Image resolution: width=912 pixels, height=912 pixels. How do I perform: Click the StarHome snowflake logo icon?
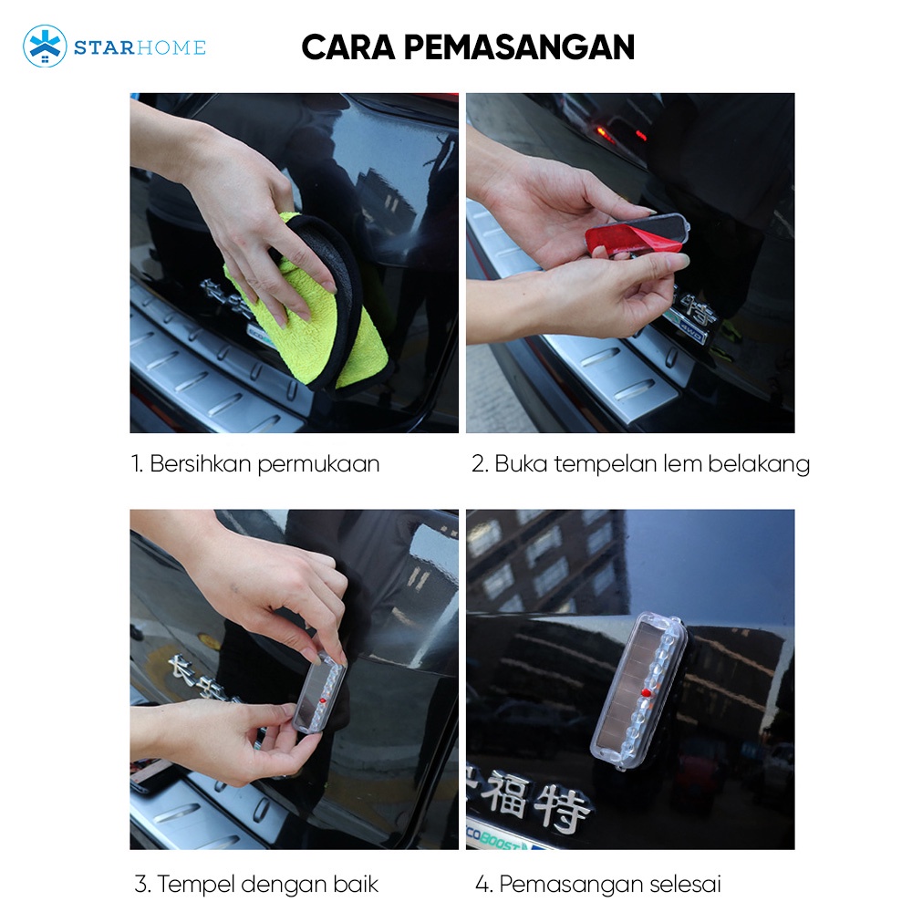click(45, 46)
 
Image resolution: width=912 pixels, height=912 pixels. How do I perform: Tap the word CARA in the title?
click(348, 47)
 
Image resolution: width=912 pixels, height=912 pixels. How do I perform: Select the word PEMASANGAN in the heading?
click(519, 47)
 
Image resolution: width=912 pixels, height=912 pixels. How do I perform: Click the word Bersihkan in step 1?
click(201, 463)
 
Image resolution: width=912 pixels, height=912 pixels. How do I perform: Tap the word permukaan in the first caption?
click(318, 465)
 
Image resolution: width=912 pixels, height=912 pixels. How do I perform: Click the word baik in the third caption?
click(356, 884)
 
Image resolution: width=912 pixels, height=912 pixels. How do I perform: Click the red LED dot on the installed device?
click(645, 692)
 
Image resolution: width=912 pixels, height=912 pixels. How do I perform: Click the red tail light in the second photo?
click(605, 134)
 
